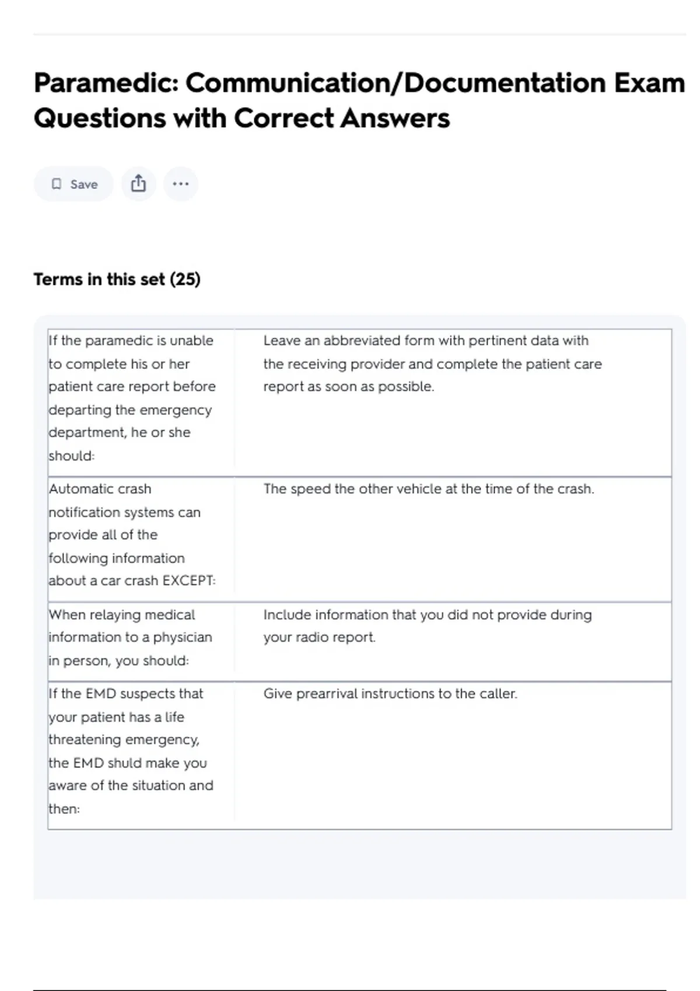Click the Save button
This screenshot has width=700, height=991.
(74, 184)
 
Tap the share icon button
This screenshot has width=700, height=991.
(138, 184)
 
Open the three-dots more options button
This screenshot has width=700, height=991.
(181, 184)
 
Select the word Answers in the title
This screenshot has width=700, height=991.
(395, 118)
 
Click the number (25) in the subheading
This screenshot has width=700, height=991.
(185, 279)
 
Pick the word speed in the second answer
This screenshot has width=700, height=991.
(310, 489)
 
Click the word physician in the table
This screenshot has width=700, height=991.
(183, 637)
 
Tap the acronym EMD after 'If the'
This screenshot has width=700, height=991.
(100, 694)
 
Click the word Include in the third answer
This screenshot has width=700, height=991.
(287, 614)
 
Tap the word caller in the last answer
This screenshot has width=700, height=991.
(498, 694)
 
